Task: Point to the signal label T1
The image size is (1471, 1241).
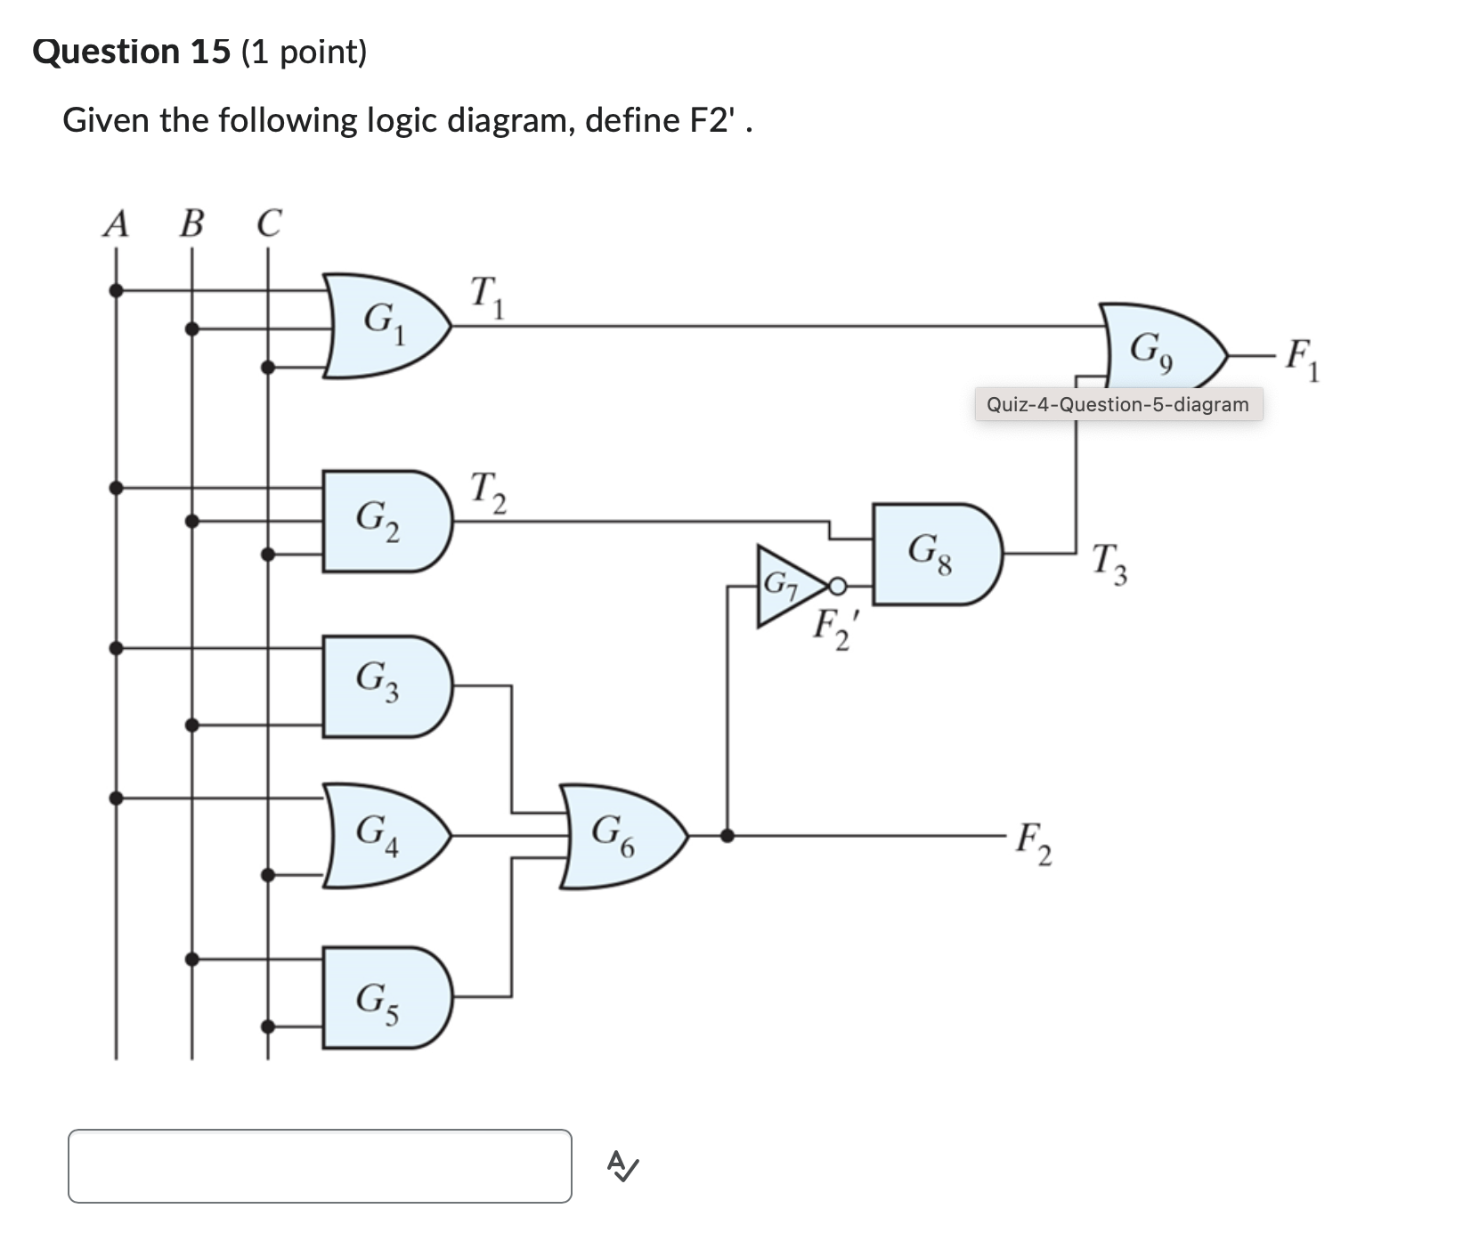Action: point(486,296)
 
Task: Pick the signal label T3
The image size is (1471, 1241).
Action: point(1109,564)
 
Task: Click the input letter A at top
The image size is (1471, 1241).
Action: point(116,223)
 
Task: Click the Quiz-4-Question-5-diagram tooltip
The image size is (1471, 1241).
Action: point(1117,405)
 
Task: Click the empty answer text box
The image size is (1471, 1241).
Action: point(320,1165)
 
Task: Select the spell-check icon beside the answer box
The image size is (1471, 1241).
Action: point(622,1164)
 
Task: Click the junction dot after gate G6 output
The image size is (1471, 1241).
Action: point(727,835)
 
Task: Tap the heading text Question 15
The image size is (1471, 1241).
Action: point(132,52)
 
